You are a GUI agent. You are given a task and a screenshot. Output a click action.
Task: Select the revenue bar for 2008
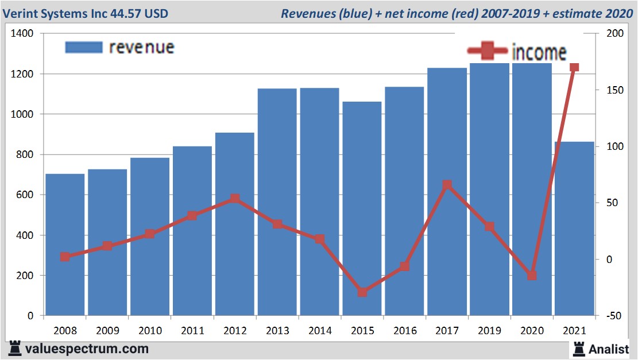[65, 245]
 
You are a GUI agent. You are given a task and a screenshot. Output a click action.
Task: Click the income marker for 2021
[574, 67]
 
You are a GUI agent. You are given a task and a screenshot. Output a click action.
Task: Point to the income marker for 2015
[362, 292]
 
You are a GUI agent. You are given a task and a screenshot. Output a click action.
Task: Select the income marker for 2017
[447, 185]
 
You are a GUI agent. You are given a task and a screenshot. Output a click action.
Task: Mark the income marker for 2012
[235, 199]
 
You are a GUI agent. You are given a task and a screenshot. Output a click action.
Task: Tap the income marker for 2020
[532, 276]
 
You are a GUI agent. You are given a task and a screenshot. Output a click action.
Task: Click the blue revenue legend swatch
[84, 47]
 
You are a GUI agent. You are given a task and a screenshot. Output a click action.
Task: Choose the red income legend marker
[488, 52]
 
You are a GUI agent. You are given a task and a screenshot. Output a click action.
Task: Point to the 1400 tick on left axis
[22, 34]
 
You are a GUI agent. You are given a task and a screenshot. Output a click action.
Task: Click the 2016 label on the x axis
[404, 331]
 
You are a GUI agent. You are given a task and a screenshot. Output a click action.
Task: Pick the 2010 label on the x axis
[150, 331]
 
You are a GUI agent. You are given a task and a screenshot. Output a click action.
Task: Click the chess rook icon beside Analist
[578, 348]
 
